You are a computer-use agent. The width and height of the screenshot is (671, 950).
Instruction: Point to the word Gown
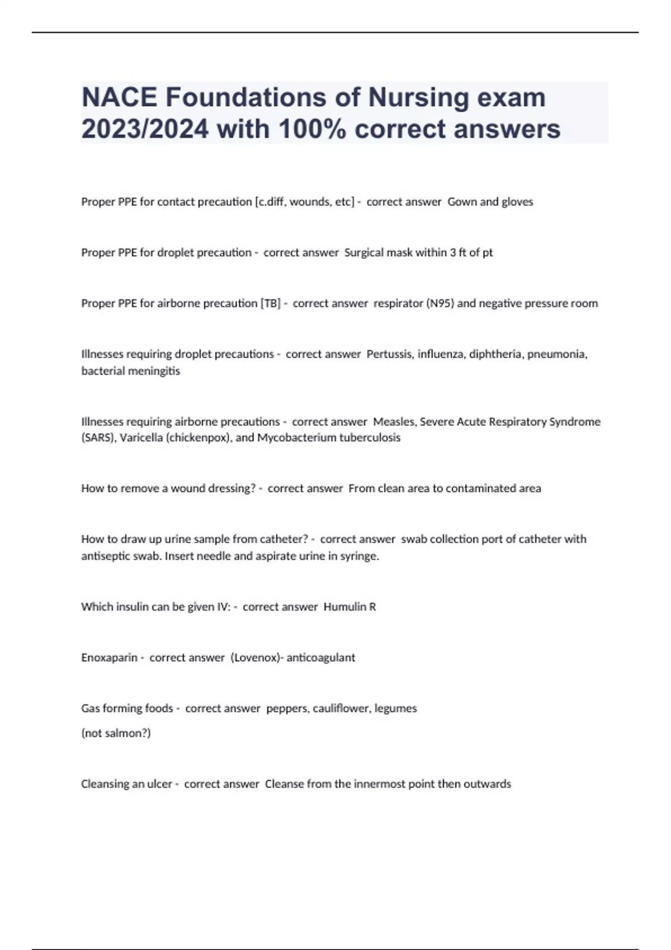click(461, 202)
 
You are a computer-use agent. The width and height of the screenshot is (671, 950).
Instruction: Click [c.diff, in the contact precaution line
click(270, 202)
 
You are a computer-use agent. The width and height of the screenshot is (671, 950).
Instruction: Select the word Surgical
click(365, 253)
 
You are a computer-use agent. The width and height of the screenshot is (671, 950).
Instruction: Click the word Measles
click(394, 422)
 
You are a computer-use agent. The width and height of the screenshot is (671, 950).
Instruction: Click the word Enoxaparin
click(109, 658)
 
